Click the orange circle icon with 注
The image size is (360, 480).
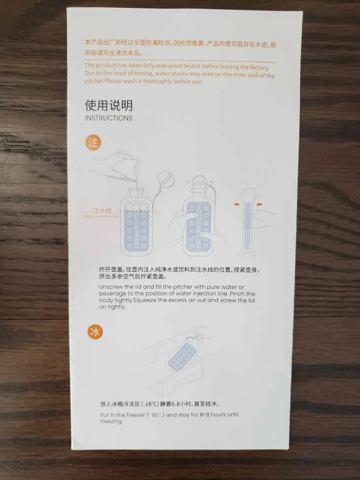(x=93, y=142)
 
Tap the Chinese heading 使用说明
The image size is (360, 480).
(x=108, y=105)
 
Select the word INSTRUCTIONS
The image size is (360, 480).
(x=108, y=118)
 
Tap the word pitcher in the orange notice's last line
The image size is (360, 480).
(x=94, y=81)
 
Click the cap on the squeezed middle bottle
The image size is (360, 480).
(x=198, y=182)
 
